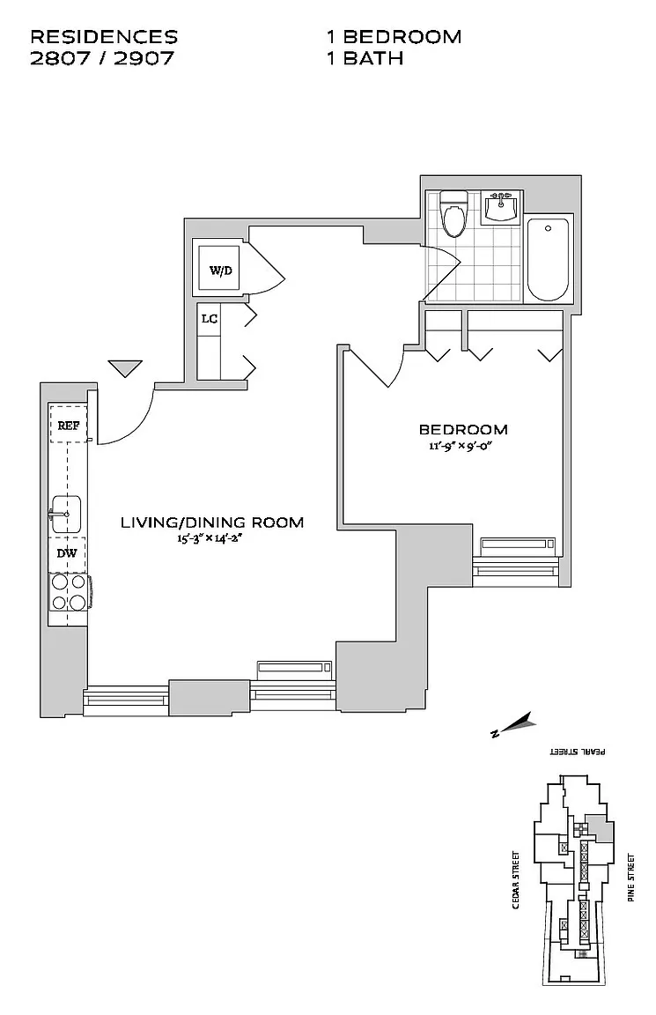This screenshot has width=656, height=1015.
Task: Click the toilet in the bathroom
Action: pyautogui.click(x=453, y=213)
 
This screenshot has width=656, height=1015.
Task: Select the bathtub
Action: pyautogui.click(x=548, y=260)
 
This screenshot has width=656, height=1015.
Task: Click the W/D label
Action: pyautogui.click(x=221, y=270)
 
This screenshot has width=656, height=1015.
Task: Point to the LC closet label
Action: pyautogui.click(x=209, y=318)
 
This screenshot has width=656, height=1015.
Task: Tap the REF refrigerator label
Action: pyautogui.click(x=69, y=426)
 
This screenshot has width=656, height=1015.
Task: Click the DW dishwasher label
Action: pyautogui.click(x=67, y=552)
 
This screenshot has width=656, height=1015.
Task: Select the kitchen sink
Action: pyautogui.click(x=65, y=514)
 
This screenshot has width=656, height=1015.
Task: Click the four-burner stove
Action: pyautogui.click(x=70, y=592)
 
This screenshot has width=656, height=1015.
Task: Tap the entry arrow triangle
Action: pyautogui.click(x=126, y=367)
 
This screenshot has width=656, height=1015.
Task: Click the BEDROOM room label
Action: pyautogui.click(x=463, y=429)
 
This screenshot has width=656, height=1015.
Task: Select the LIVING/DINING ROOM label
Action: pyautogui.click(x=212, y=522)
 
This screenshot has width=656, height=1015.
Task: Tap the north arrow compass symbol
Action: pyautogui.click(x=511, y=725)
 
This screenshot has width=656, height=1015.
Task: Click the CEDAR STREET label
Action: pyautogui.click(x=516, y=879)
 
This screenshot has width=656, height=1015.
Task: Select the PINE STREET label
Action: pyautogui.click(x=630, y=878)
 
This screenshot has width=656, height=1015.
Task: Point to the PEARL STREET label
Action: pyautogui.click(x=578, y=752)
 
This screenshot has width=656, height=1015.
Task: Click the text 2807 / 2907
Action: pyautogui.click(x=102, y=58)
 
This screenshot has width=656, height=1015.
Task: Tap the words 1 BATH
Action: pyautogui.click(x=365, y=58)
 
